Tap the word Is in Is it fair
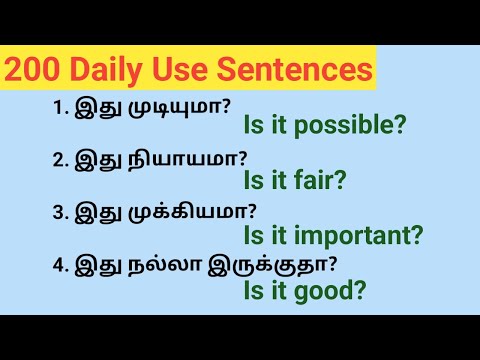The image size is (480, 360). point(252,180)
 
